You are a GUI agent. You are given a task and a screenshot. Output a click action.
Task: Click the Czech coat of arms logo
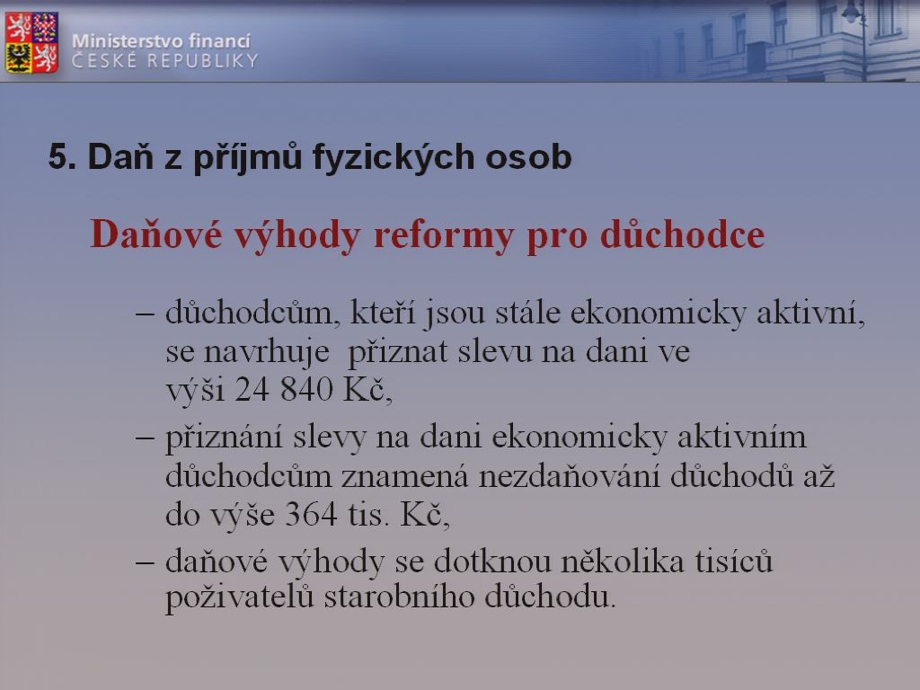click(x=31, y=42)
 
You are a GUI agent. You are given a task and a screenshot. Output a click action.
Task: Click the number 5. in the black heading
click(x=62, y=157)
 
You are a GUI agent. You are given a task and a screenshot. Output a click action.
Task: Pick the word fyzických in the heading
click(x=394, y=157)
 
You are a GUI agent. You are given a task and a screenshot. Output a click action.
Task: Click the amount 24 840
click(x=284, y=389)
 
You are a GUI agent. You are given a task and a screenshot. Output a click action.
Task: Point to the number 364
click(x=311, y=515)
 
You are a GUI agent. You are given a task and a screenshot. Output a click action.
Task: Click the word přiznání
click(x=224, y=438)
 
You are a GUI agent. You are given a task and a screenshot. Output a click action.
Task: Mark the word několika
click(x=623, y=562)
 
